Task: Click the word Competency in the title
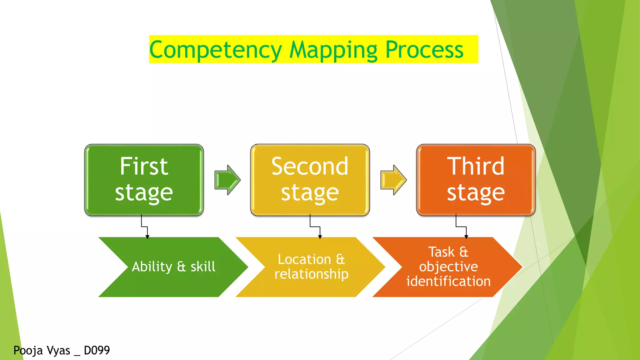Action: point(216,50)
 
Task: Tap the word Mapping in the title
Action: point(333,50)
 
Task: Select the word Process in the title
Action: point(424,50)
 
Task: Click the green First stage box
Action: point(144,180)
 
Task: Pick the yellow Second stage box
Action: point(310,180)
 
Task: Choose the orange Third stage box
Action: point(476,180)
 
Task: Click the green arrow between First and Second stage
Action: point(227,180)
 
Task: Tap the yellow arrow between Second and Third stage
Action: point(393,180)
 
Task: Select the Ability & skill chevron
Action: point(173,267)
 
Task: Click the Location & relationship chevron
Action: point(311,267)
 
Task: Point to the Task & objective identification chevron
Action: point(448,267)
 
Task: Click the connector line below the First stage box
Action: point(144,227)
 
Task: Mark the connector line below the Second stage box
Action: point(315,227)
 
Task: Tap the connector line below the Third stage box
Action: point(461,227)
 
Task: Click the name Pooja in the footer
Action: point(28,351)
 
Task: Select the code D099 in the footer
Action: point(97,350)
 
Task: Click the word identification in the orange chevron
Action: point(448,282)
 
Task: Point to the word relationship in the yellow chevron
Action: point(311,274)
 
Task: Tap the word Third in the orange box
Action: point(476,166)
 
